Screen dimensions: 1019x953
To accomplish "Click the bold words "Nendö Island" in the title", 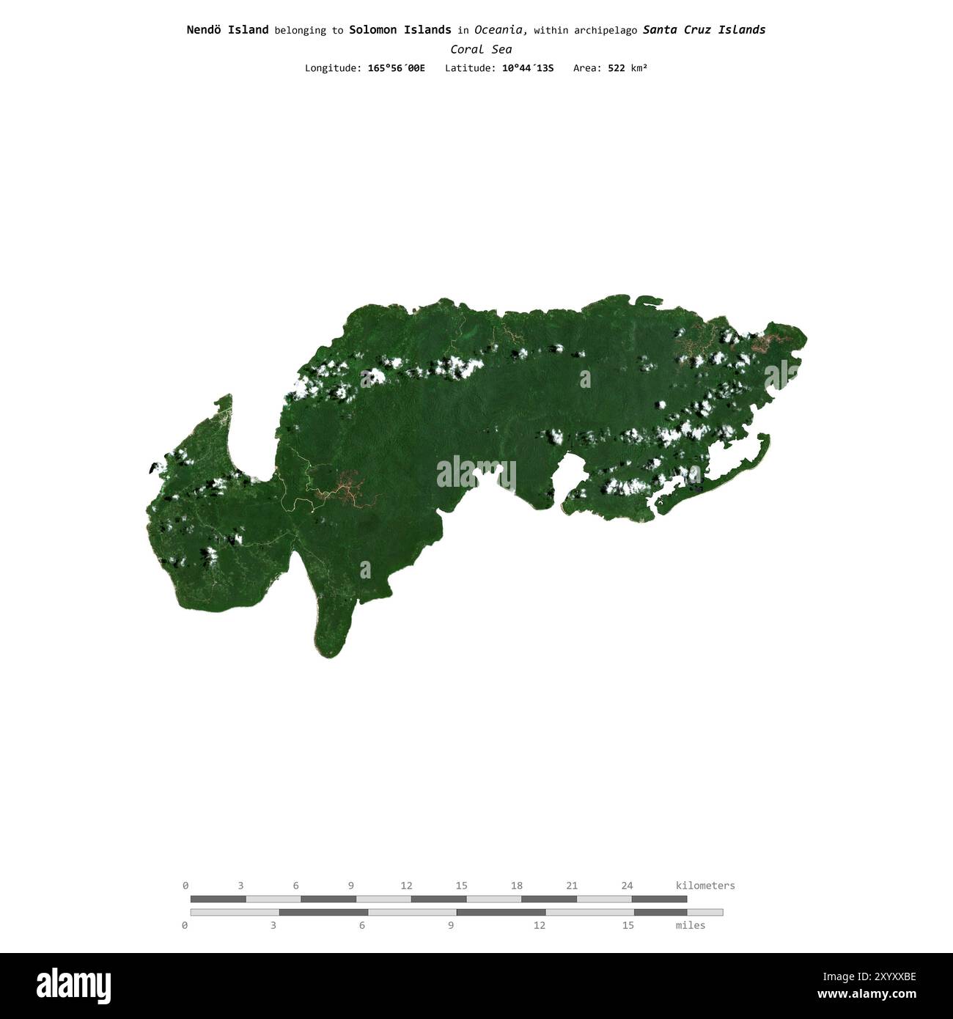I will [227, 30].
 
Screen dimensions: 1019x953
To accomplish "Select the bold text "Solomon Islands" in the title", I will [400, 30].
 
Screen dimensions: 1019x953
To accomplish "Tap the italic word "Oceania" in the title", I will [498, 30].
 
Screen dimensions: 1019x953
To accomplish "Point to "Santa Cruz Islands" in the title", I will [704, 30].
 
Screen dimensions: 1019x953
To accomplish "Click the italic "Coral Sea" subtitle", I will [481, 50].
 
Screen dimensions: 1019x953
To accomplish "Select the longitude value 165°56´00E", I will [396, 68].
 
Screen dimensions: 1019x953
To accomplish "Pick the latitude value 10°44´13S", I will [528, 68].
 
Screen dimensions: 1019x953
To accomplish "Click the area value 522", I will [616, 68].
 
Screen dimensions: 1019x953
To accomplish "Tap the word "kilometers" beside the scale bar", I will [704, 886].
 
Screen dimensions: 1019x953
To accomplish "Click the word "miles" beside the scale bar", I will [690, 925].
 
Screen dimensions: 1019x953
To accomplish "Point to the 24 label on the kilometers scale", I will [627, 886].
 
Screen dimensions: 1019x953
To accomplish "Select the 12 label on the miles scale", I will [539, 925].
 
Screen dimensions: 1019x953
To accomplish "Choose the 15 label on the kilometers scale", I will [461, 886].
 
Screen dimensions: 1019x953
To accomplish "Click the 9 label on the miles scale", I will [450, 925].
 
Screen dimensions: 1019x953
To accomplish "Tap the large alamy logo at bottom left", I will [73, 986].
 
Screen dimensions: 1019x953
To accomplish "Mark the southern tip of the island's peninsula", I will [326, 655].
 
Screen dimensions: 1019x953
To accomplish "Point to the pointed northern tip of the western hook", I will [229, 397].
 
